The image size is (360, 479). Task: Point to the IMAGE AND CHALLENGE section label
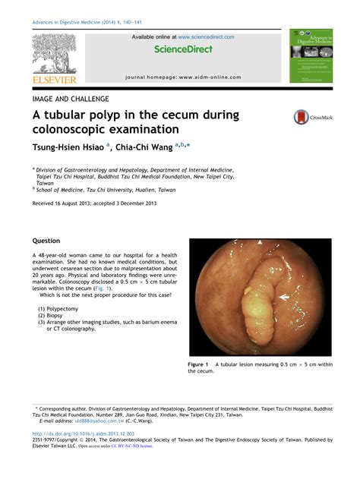pos(70,99)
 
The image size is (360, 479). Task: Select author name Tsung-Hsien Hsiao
pos(68,147)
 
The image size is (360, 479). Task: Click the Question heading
pos(46,241)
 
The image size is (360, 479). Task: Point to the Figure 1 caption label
pos(199,365)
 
